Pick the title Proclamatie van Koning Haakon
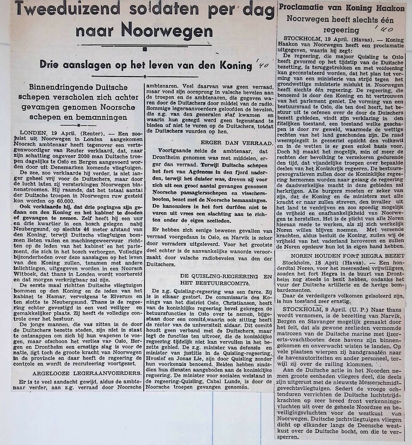(342, 8)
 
